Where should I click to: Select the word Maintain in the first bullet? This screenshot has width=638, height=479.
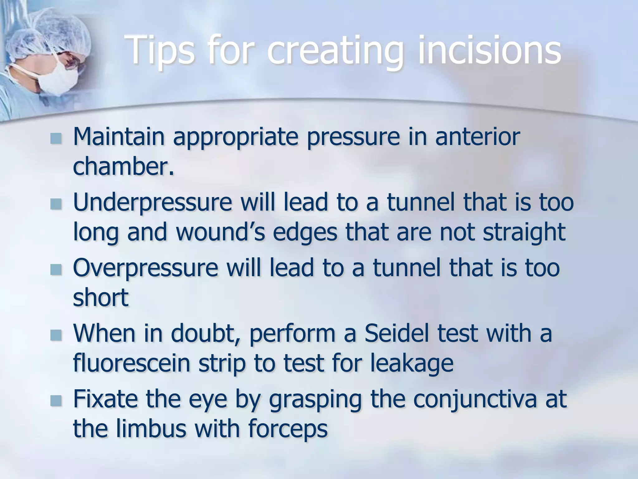pyautogui.click(x=118, y=137)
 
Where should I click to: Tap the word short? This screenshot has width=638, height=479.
pyautogui.click(x=101, y=298)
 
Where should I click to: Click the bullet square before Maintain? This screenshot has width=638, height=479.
pyautogui.click(x=56, y=138)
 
